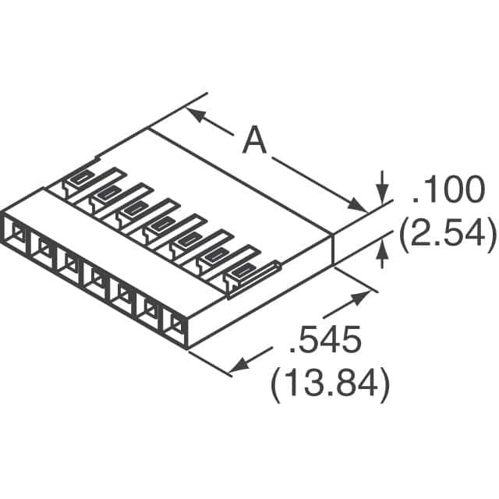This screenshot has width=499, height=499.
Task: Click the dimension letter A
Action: click(x=254, y=141)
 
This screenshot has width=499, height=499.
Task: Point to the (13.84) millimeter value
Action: click(x=330, y=384)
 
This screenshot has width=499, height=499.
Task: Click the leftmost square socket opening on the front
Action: click(x=15, y=232)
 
